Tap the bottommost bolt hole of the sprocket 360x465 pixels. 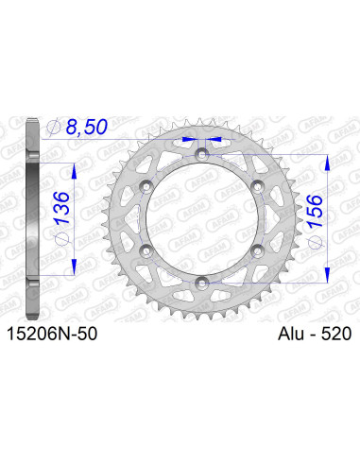coord(202,281)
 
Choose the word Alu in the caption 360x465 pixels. coord(292,333)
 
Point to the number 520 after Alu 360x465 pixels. coord(336,333)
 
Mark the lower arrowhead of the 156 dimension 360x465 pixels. coord(326,275)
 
